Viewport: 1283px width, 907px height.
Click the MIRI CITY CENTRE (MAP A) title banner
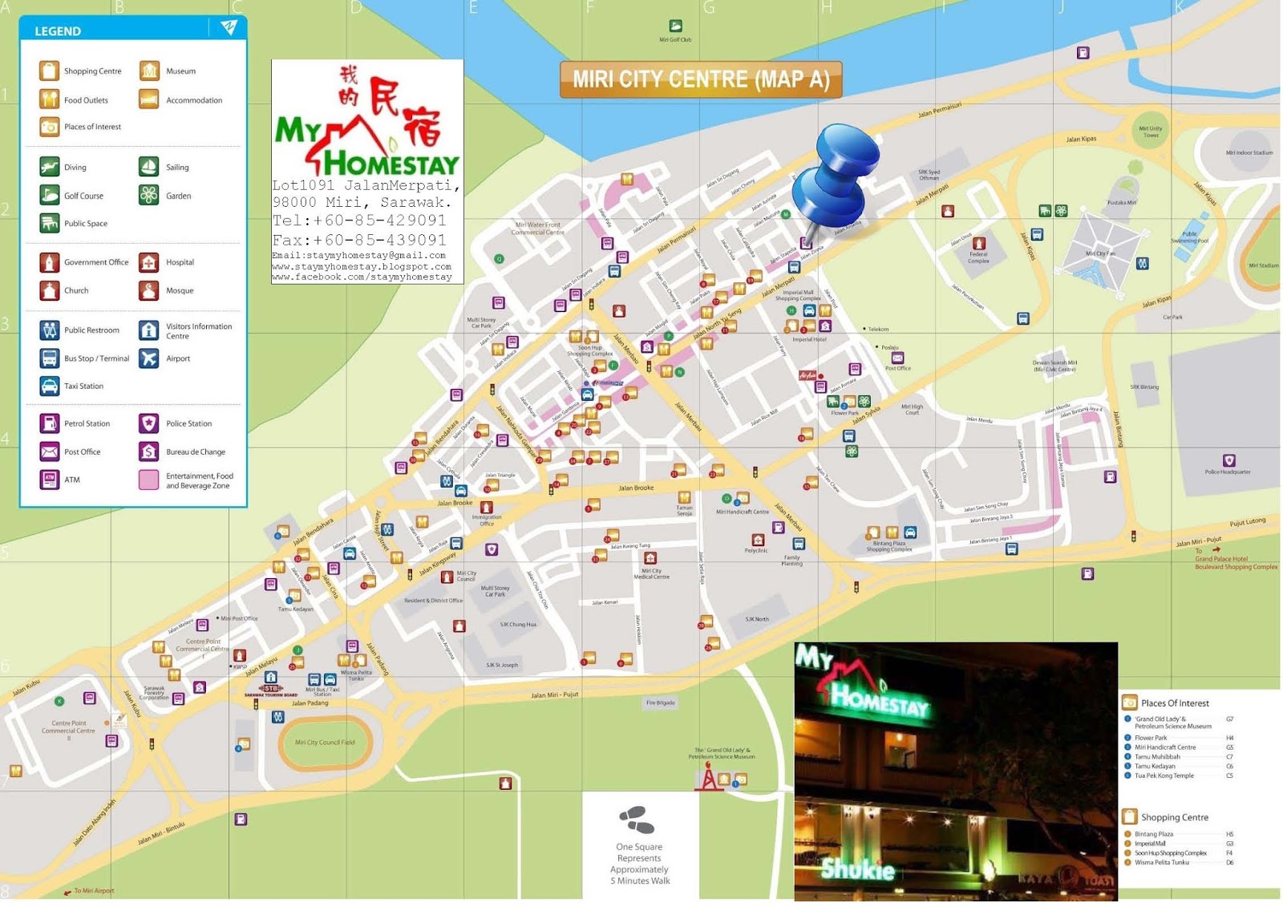(700, 79)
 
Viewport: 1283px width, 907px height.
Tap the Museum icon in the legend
(149, 71)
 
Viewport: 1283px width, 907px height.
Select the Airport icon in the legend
(149, 358)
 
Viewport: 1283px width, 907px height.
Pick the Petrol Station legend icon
(50, 423)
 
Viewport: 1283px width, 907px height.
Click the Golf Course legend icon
(50, 196)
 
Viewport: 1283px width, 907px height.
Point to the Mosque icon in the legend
(149, 290)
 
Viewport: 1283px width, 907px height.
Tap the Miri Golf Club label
(675, 39)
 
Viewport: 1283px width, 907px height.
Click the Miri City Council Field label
(325, 743)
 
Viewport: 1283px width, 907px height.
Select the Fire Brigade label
(661, 703)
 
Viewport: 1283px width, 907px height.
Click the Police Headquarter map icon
(1228, 461)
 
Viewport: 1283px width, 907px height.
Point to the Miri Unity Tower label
(1151, 132)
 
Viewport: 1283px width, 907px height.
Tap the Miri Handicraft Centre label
(743, 512)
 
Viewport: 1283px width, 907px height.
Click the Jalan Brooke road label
(636, 488)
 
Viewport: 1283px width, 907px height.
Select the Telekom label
(878, 329)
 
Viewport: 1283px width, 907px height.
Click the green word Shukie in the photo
(857, 869)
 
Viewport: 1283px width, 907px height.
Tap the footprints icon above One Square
(637, 820)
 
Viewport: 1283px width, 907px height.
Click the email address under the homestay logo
(358, 256)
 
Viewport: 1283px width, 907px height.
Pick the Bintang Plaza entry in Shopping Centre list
(1154, 834)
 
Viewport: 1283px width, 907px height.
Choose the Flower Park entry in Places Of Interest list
(1151, 738)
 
